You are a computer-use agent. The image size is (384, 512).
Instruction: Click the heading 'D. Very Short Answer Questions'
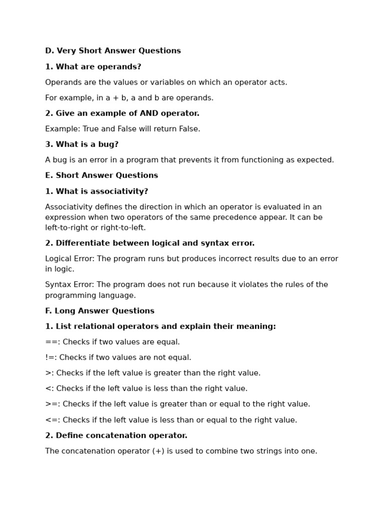(x=113, y=51)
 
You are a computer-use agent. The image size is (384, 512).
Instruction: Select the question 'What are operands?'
(x=98, y=67)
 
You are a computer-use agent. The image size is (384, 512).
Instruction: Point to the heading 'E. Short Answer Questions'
(x=101, y=175)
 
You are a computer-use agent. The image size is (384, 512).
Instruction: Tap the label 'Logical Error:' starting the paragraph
(x=69, y=259)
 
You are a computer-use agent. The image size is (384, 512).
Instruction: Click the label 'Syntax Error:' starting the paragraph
(x=68, y=285)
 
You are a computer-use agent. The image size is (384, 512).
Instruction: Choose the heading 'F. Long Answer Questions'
(x=99, y=311)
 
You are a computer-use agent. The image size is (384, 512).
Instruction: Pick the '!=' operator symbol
(x=49, y=358)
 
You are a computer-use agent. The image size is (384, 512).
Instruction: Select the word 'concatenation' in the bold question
(x=113, y=436)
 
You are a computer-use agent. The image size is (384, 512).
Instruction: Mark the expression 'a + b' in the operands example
(x=115, y=98)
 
